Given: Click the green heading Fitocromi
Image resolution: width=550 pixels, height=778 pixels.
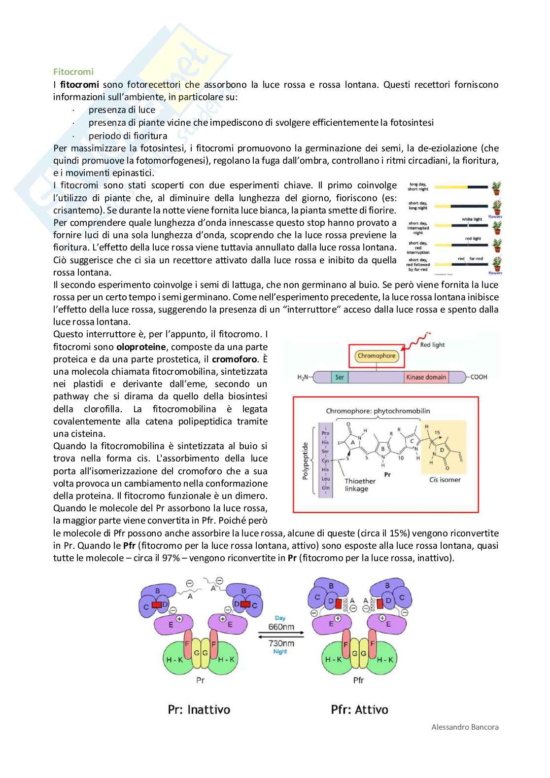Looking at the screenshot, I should pyautogui.click(x=73, y=72).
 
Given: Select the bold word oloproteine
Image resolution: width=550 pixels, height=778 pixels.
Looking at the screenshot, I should pyautogui.click(x=140, y=347).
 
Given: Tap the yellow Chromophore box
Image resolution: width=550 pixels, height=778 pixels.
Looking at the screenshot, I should pyautogui.click(x=377, y=355).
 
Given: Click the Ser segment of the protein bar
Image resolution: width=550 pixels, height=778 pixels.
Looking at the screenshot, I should pyautogui.click(x=340, y=377).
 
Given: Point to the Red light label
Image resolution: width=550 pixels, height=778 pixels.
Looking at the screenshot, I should pyautogui.click(x=432, y=345).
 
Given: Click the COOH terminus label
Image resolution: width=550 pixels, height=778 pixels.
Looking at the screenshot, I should pyautogui.click(x=479, y=377).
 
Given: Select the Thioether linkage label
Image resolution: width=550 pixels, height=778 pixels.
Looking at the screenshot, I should pyautogui.click(x=360, y=485).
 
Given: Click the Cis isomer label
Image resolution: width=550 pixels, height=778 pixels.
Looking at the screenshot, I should pyautogui.click(x=446, y=479).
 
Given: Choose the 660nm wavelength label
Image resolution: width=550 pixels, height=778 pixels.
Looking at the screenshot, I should pyautogui.click(x=281, y=627).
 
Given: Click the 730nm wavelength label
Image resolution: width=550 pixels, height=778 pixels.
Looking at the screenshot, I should pyautogui.click(x=281, y=643).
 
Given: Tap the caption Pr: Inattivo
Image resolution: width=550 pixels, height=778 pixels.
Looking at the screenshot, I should pyautogui.click(x=199, y=709).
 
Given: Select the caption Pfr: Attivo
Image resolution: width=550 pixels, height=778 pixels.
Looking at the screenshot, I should pyautogui.click(x=359, y=709).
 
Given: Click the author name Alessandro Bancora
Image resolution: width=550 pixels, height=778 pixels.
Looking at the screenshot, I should pyautogui.click(x=465, y=727).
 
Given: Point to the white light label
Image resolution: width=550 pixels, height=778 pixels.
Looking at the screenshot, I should pyautogui.click(x=472, y=219).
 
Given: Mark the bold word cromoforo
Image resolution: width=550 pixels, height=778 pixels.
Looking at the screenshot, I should pyautogui.click(x=235, y=359).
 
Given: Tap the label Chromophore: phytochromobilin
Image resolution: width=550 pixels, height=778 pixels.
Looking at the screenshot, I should pyautogui.click(x=378, y=411).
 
